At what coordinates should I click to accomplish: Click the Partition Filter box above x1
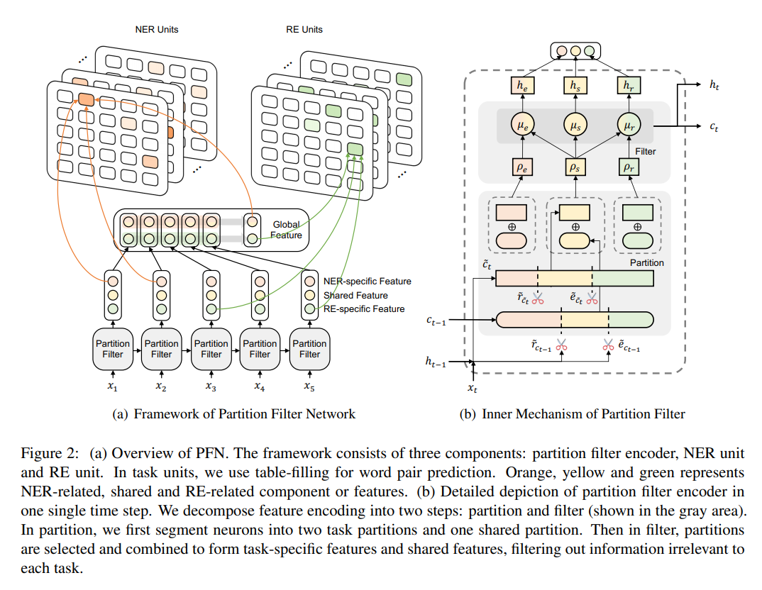(x=113, y=349)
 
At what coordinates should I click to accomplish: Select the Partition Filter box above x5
(x=309, y=349)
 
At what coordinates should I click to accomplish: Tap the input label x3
(x=211, y=386)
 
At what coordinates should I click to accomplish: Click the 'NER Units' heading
(x=157, y=30)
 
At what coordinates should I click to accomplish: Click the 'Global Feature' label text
(x=287, y=230)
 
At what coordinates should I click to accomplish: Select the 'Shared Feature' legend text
(x=355, y=295)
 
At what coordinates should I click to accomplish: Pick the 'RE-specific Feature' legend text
(x=364, y=308)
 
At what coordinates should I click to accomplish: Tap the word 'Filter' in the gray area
(x=646, y=151)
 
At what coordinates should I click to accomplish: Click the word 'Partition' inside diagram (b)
(x=646, y=262)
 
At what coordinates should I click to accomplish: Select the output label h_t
(x=714, y=84)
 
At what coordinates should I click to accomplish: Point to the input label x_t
(x=473, y=388)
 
